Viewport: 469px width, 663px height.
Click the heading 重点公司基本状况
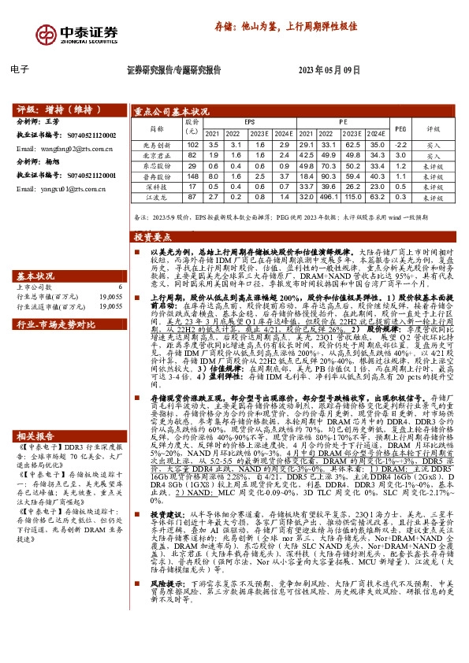pyautogui.click(x=171, y=112)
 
